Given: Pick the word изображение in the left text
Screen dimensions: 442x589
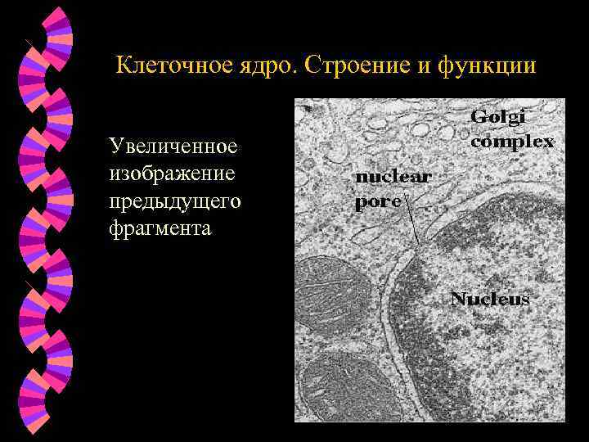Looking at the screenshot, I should pyautogui.click(x=172, y=174).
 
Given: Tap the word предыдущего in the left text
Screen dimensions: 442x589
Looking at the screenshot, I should pyautogui.click(x=174, y=201).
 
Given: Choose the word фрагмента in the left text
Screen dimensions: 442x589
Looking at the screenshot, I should pyautogui.click(x=160, y=228).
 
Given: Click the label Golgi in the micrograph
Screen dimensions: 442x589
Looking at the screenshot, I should pyautogui.click(x=498, y=118).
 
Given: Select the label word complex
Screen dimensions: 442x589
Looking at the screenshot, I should pyautogui.click(x=512, y=141).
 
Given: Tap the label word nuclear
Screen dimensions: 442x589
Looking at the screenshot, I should pyautogui.click(x=393, y=178).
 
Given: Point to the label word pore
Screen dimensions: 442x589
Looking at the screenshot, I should pyautogui.click(x=377, y=201).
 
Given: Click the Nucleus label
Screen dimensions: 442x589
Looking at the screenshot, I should pyautogui.click(x=490, y=299).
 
